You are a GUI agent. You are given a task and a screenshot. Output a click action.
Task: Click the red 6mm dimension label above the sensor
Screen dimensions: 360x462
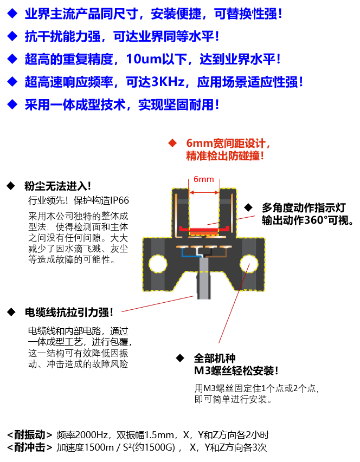pyautogui.click(x=203, y=179)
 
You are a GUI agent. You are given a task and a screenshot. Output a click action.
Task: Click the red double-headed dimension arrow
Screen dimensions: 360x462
pyautogui.click(x=204, y=192)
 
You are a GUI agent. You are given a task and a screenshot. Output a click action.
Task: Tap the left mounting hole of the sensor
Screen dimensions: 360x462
pyautogui.click(x=158, y=264)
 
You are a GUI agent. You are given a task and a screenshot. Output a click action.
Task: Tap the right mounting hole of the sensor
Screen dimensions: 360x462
pyautogui.click(x=249, y=264)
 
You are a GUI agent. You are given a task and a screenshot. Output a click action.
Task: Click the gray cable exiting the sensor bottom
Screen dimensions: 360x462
pyautogui.click(x=204, y=278)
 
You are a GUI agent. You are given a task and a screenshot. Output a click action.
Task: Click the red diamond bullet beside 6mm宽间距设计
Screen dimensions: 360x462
pyautogui.click(x=172, y=143)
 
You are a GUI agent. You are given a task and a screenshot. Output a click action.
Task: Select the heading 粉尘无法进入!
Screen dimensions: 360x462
pyautogui.click(x=58, y=186)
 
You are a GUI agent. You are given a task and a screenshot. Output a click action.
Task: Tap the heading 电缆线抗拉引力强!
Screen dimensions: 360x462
pyautogui.click(x=69, y=313)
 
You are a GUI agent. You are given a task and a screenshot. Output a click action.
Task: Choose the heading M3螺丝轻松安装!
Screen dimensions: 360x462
pyautogui.click(x=236, y=370)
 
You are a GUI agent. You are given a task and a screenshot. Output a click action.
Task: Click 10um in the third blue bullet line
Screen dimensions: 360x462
pyautogui.click(x=144, y=59)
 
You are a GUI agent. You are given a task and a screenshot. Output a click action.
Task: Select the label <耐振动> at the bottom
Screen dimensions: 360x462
pyautogui.click(x=30, y=434)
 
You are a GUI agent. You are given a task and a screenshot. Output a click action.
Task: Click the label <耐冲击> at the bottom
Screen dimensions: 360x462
pyautogui.click(x=30, y=447)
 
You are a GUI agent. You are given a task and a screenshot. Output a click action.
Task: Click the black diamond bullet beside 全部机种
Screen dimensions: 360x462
pyautogui.click(x=180, y=359)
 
